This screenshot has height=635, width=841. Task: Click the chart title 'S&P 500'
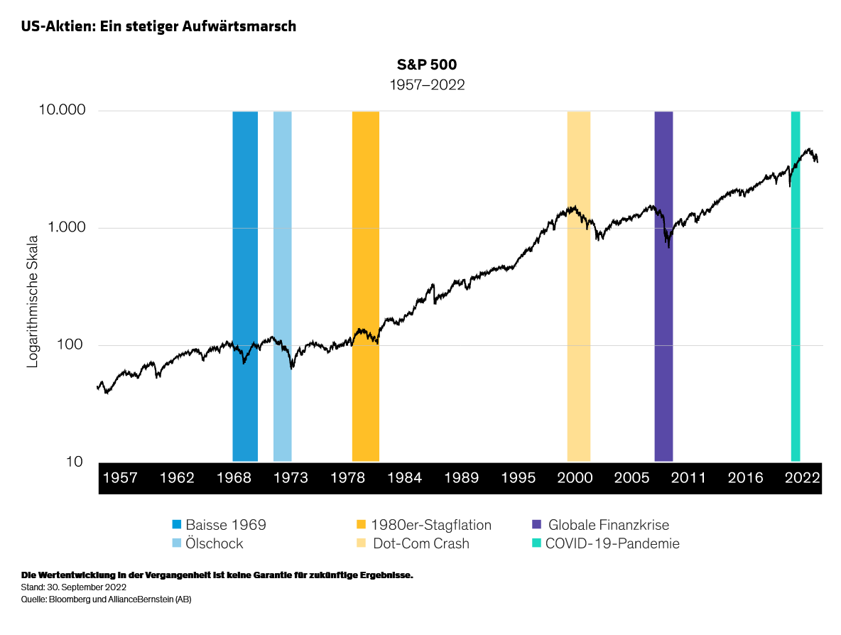[427, 65]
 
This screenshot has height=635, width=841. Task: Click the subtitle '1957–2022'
[427, 85]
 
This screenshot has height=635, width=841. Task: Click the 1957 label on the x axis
[120, 477]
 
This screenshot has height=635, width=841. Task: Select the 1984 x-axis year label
[404, 477]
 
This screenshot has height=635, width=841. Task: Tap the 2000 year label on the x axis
[575, 477]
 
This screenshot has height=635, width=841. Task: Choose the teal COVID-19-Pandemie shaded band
[796, 284]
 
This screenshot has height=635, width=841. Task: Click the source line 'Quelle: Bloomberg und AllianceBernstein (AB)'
[107, 599]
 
